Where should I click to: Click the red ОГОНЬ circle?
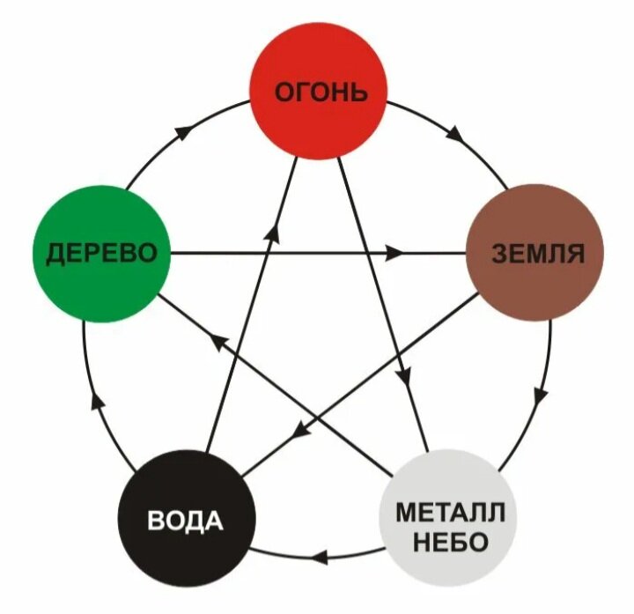pos(318,91)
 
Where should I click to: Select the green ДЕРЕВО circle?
pos(101,254)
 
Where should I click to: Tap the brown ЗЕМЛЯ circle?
pos(535,253)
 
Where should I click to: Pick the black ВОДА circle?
pos(187,518)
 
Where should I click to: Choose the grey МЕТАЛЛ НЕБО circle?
pos(448,517)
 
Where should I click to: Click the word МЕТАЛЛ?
pos(451,512)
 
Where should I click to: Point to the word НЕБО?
pos(451,542)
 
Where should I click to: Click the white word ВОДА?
pos(185,520)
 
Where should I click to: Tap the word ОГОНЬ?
pos(321,92)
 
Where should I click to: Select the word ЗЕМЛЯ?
pos(538,254)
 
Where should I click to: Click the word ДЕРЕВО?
pos(101,254)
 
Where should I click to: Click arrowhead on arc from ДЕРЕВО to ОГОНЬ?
pos(183,132)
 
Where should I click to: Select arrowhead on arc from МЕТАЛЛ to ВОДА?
pos(320,559)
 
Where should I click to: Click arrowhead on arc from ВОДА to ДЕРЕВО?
pos(98,401)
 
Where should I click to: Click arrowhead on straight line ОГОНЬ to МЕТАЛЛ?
pos(405,374)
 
